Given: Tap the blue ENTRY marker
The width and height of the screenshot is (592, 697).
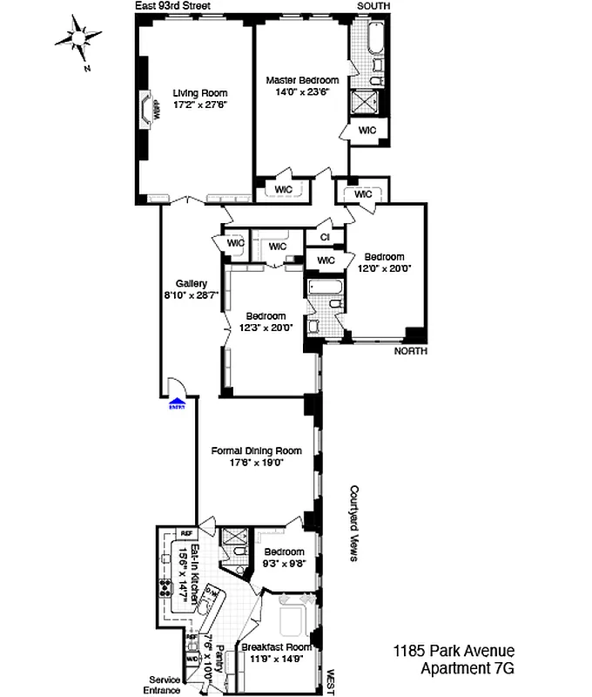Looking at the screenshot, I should [178, 403].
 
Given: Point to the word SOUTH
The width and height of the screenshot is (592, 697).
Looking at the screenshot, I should [373, 6].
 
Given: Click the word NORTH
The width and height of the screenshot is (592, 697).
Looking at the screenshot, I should [411, 351].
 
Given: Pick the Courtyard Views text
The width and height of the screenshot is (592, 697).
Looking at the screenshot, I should [355, 523].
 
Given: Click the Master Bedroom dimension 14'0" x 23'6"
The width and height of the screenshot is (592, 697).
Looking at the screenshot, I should [302, 92].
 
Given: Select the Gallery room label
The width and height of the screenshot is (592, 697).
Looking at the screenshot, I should [191, 283].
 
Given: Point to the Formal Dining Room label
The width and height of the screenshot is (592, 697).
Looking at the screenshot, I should [257, 450].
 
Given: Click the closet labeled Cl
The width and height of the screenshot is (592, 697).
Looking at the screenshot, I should [325, 237].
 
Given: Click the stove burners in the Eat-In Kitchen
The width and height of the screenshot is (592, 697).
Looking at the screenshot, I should [165, 587].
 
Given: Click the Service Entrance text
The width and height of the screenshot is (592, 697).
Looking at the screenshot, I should [164, 685].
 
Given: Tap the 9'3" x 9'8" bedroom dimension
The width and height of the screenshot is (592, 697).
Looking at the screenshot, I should [284, 564].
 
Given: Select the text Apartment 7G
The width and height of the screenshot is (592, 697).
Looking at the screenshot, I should [468, 669].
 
